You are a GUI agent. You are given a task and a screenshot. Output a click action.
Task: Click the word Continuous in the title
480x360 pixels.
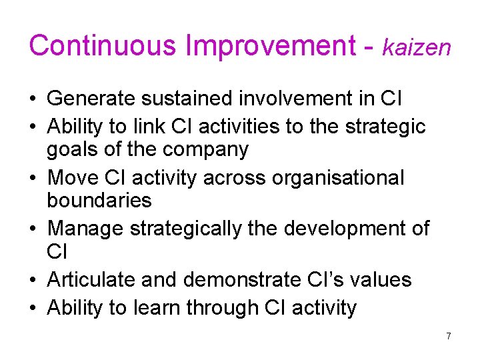coord(103,45)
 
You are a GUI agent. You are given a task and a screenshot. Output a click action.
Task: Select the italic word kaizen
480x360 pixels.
coord(417,47)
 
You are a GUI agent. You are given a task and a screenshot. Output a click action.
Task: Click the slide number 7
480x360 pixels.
coord(449,336)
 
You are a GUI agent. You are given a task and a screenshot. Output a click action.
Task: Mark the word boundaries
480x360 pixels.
coord(99,201)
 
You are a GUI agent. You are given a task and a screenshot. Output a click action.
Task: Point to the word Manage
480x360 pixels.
coord(85,228)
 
